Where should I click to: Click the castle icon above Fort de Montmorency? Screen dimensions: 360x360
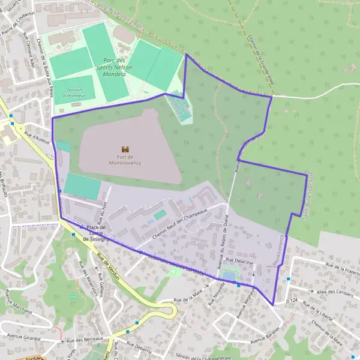coord(125,149)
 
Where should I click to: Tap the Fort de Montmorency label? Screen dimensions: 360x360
coord(125,159)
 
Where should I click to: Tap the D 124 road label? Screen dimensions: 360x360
coord(292,299)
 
